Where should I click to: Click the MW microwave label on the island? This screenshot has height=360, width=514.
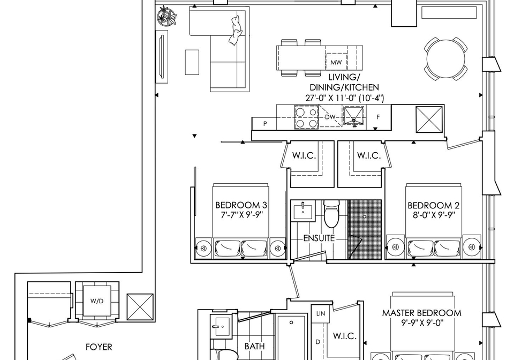[336, 62]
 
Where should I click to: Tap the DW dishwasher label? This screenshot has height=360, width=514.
[330, 117]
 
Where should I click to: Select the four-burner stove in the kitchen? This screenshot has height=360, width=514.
[306, 117]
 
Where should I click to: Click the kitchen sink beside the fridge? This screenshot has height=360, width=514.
[353, 116]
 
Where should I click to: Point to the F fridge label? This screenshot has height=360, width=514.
[378, 117]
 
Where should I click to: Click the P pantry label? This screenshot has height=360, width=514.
[265, 124]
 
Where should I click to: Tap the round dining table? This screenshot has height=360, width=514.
[446, 59]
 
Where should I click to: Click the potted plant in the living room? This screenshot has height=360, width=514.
[167, 17]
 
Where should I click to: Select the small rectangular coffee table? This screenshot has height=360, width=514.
[192, 62]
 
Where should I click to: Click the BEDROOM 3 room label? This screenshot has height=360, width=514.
[241, 205]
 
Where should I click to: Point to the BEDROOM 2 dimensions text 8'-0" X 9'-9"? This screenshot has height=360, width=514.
[433, 215]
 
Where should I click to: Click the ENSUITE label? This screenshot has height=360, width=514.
[319, 238]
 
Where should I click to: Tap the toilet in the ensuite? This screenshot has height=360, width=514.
[331, 214]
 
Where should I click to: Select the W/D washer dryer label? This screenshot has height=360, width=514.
[97, 301]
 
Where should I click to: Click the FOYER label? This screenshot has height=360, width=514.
[99, 347]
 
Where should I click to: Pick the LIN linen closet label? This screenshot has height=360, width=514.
[321, 313]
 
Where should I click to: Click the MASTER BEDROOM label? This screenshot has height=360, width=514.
[421, 313]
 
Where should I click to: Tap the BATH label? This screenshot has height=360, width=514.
[255, 346]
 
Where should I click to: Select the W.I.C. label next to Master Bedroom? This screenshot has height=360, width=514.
[344, 336]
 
